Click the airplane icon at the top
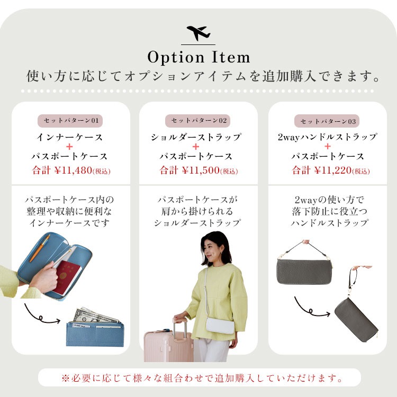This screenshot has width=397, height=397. [x=198, y=33]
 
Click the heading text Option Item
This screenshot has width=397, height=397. [x=198, y=57]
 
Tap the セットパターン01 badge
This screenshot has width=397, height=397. [x=70, y=121]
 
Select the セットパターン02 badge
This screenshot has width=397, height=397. [x=198, y=121]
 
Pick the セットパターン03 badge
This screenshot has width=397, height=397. [x=327, y=121]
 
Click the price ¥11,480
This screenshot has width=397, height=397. [x=73, y=170]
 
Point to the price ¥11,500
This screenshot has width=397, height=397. [x=201, y=170]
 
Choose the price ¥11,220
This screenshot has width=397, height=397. [x=333, y=170]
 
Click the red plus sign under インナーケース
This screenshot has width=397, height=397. [x=69, y=147]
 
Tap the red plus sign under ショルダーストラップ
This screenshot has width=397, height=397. [x=196, y=147]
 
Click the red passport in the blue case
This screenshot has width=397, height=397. [x=67, y=278]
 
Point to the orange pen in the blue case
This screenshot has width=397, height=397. [x=40, y=248]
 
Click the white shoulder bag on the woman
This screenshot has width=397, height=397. [x=220, y=326]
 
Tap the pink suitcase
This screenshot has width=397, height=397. [x=168, y=343]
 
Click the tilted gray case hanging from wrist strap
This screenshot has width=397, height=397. [x=356, y=320]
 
